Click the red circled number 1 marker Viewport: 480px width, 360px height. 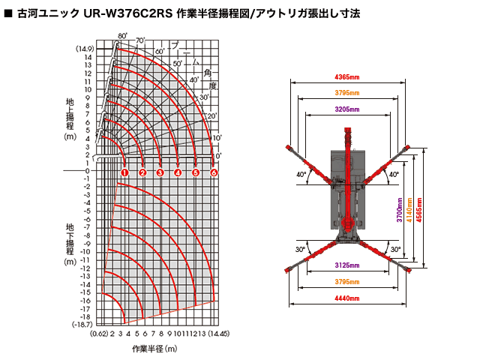pos(124,172)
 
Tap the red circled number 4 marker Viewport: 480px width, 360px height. pos(178,172)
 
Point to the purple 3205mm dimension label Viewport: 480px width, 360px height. pos(346,109)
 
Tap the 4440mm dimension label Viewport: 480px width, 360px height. pos(346,298)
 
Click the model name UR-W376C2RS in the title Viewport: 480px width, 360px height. pos(111,13)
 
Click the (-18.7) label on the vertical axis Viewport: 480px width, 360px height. pos(82,325)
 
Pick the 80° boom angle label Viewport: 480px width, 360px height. pos(122,35)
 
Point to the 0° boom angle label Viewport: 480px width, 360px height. pos(218,156)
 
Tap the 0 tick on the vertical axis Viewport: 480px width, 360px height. pos(88,170)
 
